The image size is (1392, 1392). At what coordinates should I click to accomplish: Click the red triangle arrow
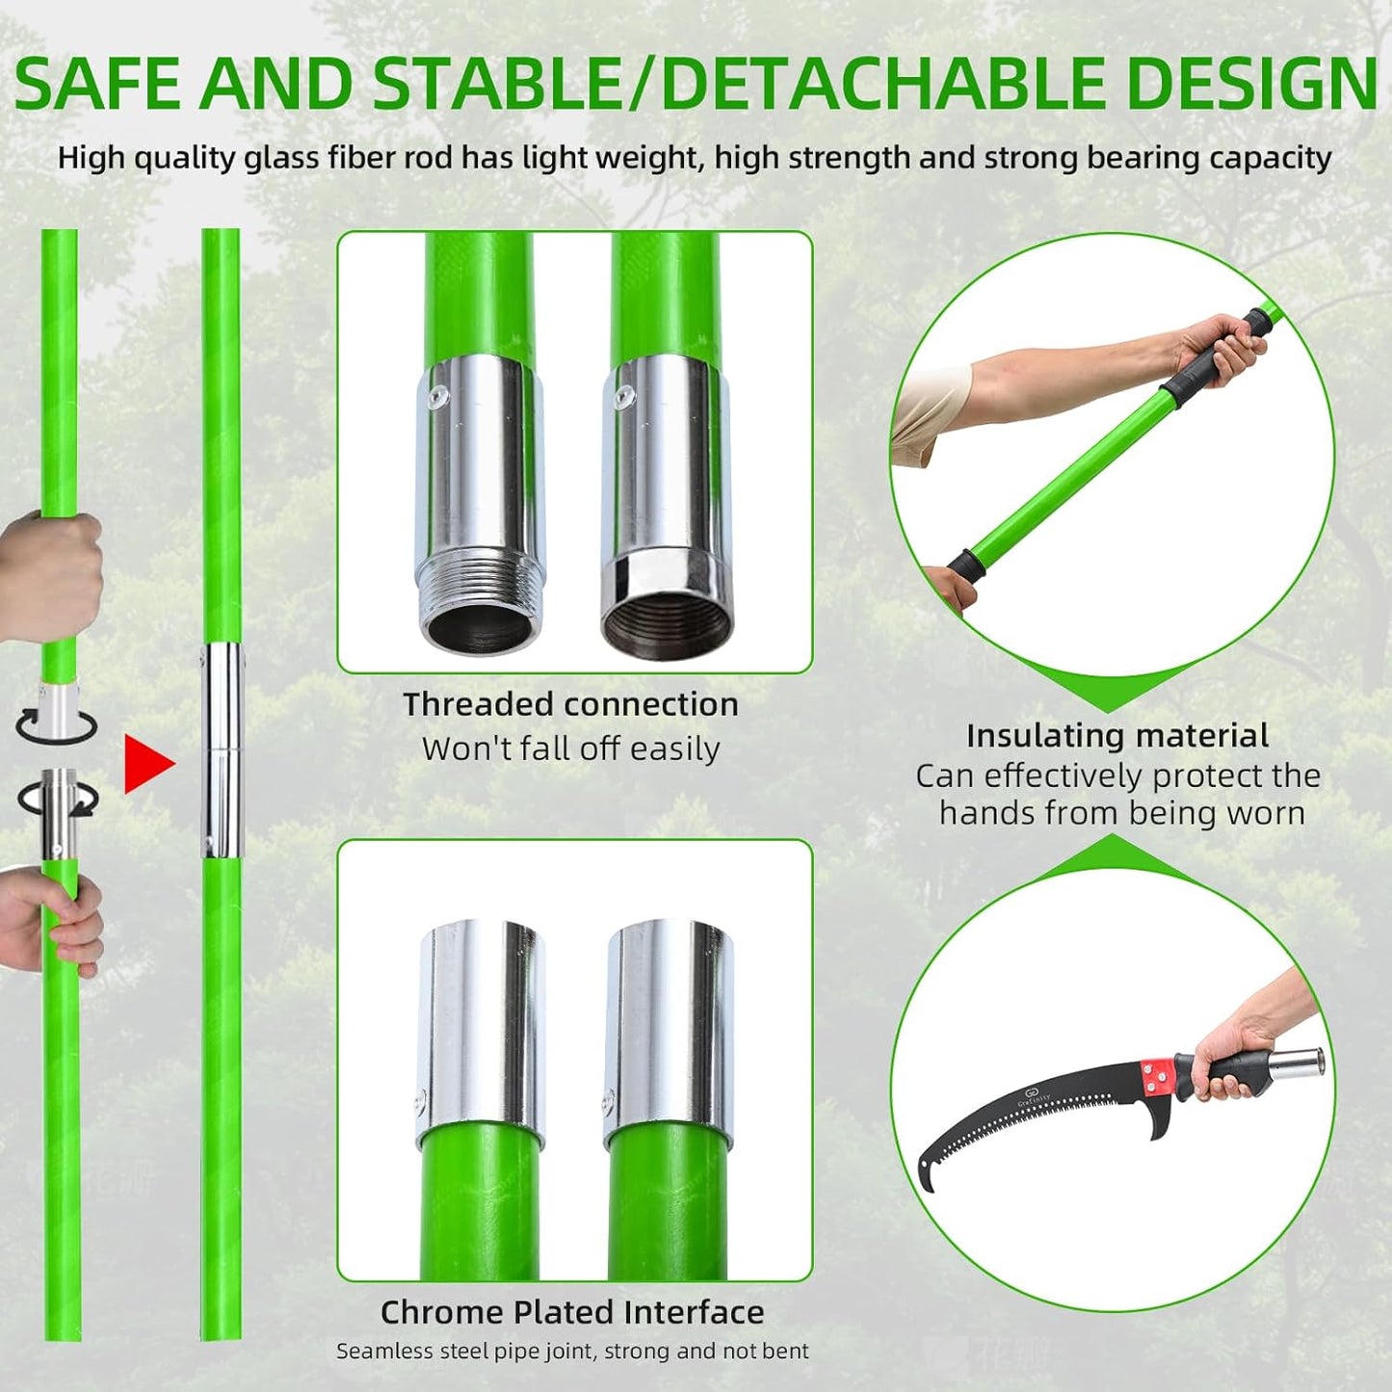(x=146, y=764)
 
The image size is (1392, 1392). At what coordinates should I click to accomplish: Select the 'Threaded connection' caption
(x=570, y=704)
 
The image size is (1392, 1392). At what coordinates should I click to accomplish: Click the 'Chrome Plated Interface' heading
(x=572, y=1312)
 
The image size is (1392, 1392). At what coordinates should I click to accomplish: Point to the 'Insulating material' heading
(x=1116, y=736)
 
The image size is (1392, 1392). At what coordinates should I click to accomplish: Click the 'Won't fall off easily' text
(x=570, y=749)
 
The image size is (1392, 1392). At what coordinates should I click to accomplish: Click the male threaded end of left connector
(x=479, y=602)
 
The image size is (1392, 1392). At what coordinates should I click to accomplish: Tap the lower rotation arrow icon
(x=58, y=799)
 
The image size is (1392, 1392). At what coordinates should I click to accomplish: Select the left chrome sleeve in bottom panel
(x=482, y=1021)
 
